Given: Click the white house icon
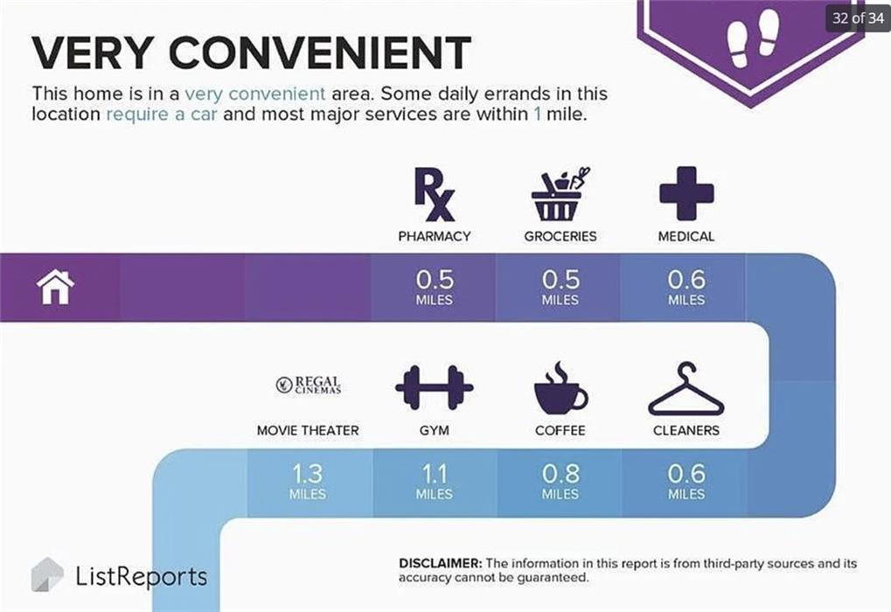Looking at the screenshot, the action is click(x=55, y=287).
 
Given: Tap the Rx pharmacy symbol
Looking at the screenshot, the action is click(x=435, y=194).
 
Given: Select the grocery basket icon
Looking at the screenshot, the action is click(x=560, y=194).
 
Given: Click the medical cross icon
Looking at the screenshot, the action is click(x=686, y=193).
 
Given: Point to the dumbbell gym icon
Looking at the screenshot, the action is click(x=435, y=387).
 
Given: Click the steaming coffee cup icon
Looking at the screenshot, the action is click(x=560, y=387).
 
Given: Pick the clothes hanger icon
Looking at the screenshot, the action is click(x=686, y=388).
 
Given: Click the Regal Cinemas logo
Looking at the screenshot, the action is click(x=308, y=386).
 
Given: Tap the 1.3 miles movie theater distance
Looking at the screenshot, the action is click(x=308, y=482).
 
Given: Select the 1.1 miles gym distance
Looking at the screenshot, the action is click(x=435, y=482).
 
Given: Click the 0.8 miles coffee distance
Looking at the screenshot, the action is click(x=560, y=482).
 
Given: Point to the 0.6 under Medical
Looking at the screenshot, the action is click(x=686, y=279).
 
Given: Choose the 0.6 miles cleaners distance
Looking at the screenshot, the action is click(x=686, y=482).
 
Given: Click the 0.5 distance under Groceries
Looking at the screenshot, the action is click(x=560, y=279).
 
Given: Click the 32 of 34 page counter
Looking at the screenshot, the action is click(x=858, y=18).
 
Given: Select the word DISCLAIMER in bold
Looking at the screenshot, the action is click(x=441, y=563).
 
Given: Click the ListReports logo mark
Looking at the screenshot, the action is click(x=47, y=574).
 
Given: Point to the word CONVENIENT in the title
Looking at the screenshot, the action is click(x=319, y=52).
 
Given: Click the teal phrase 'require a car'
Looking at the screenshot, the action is click(x=162, y=115).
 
